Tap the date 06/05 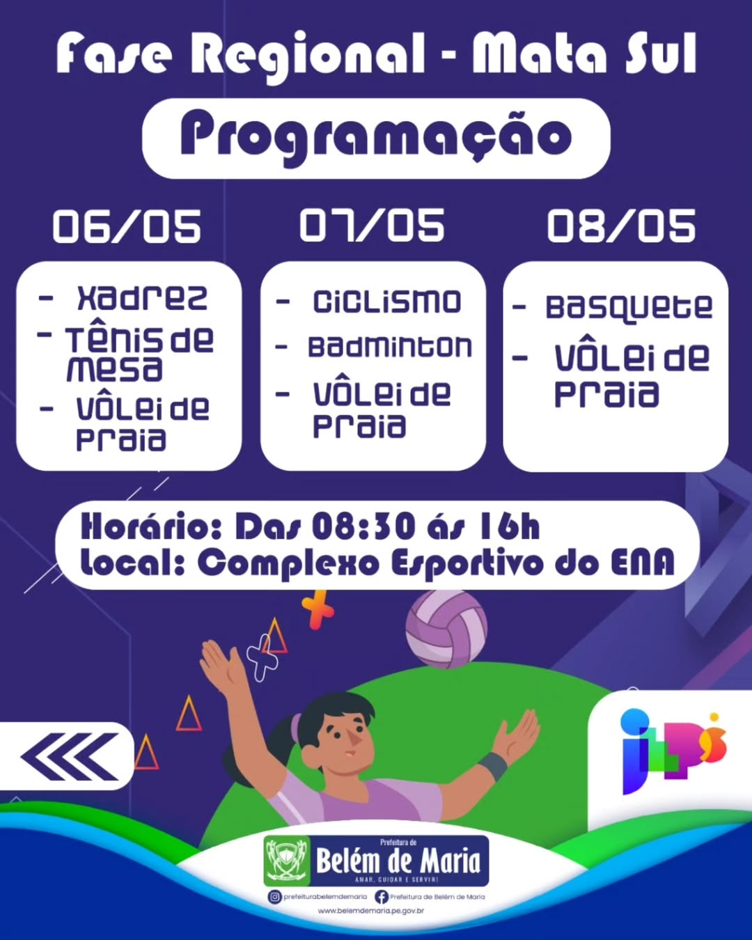[127, 226]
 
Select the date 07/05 [373, 226]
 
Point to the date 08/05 [621, 226]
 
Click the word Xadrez [142, 298]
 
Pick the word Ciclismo [387, 301]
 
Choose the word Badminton [390, 347]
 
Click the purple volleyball [446, 629]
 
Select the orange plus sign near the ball [318, 610]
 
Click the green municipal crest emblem [287, 861]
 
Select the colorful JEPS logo [673, 751]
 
